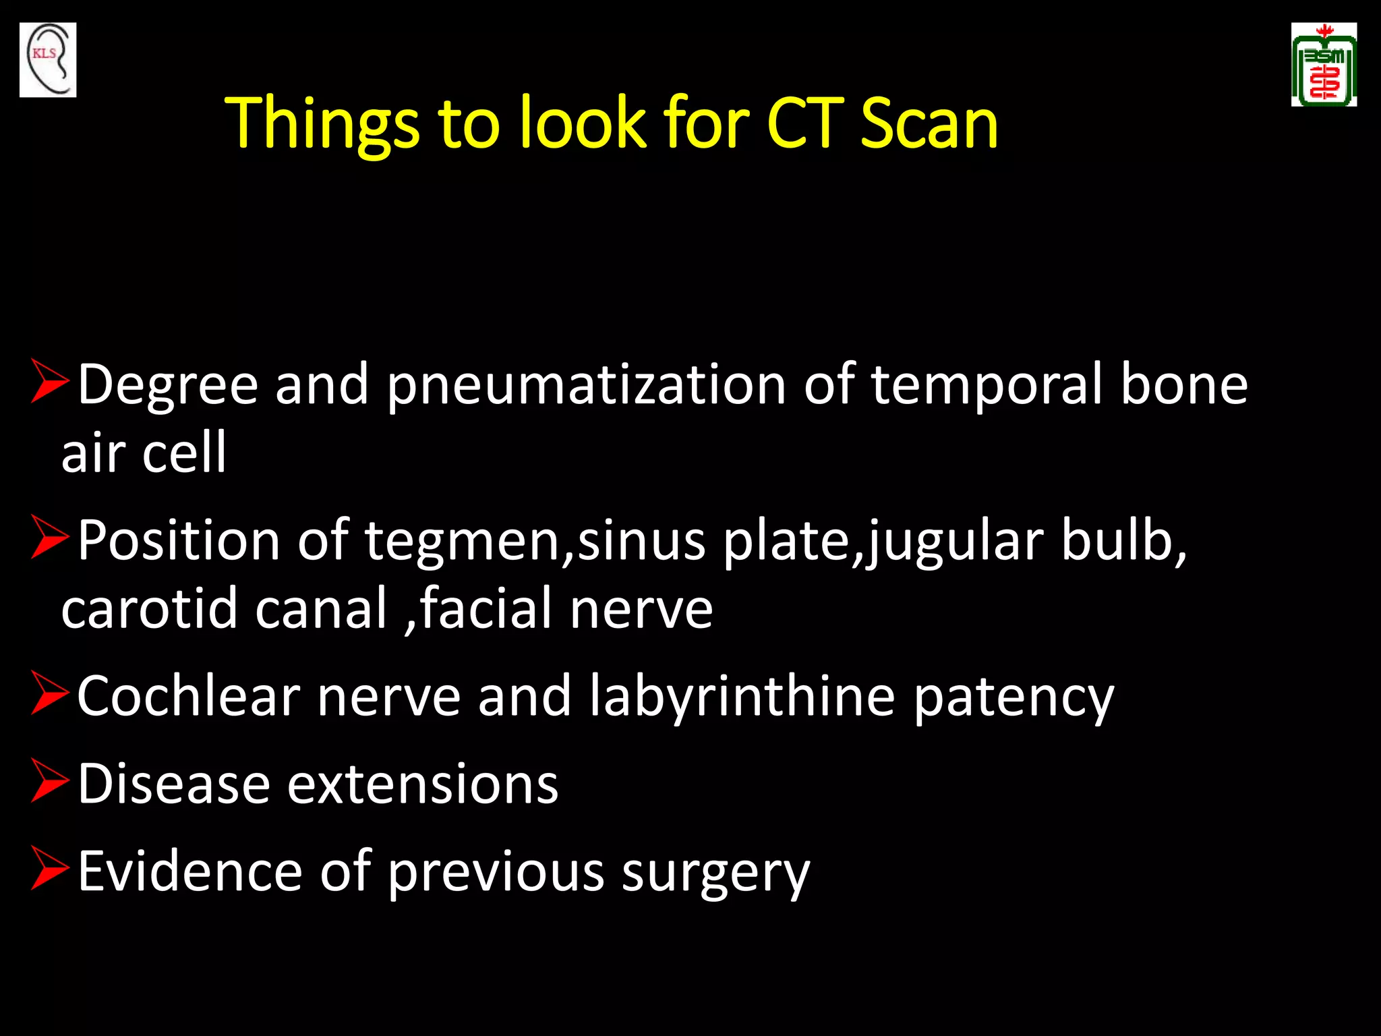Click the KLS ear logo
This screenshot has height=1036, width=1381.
[x=48, y=59]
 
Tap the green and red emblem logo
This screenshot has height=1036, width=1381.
[x=1324, y=65]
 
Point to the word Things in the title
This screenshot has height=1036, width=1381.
[x=322, y=125]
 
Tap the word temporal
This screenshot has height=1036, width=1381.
[x=987, y=386]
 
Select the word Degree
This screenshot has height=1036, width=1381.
[x=168, y=386]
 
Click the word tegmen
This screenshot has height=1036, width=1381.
[x=462, y=541]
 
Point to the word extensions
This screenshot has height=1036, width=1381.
[x=423, y=784]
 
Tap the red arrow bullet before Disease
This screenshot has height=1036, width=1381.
[x=50, y=780]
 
